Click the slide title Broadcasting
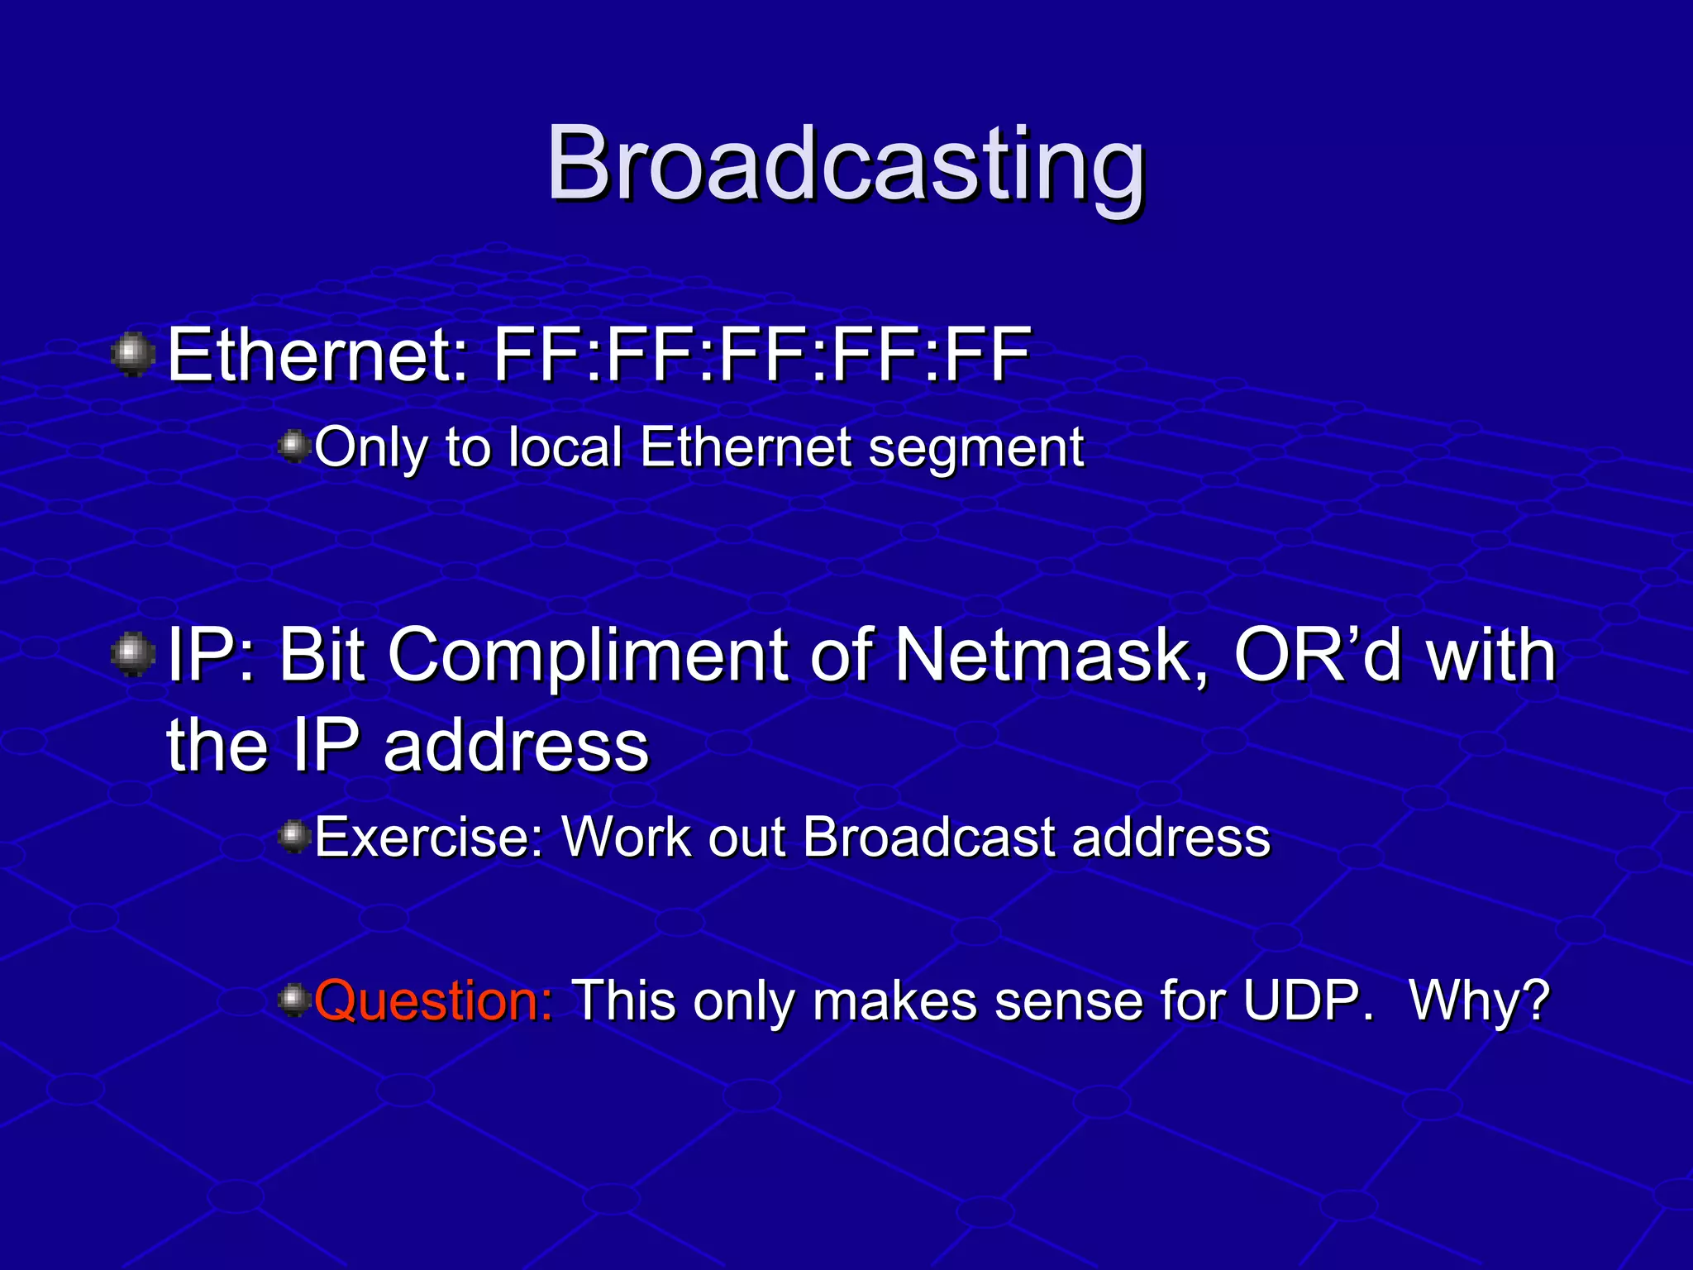(x=845, y=164)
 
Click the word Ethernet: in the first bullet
(x=318, y=355)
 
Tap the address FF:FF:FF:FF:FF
(x=761, y=355)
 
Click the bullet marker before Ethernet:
(x=132, y=355)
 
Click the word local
(x=565, y=447)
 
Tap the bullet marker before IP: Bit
(x=132, y=655)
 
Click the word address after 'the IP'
(x=516, y=746)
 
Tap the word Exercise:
(x=429, y=838)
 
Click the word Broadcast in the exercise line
(x=929, y=838)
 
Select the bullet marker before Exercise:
(x=293, y=838)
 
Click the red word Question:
(x=434, y=1001)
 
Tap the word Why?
(x=1479, y=1001)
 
